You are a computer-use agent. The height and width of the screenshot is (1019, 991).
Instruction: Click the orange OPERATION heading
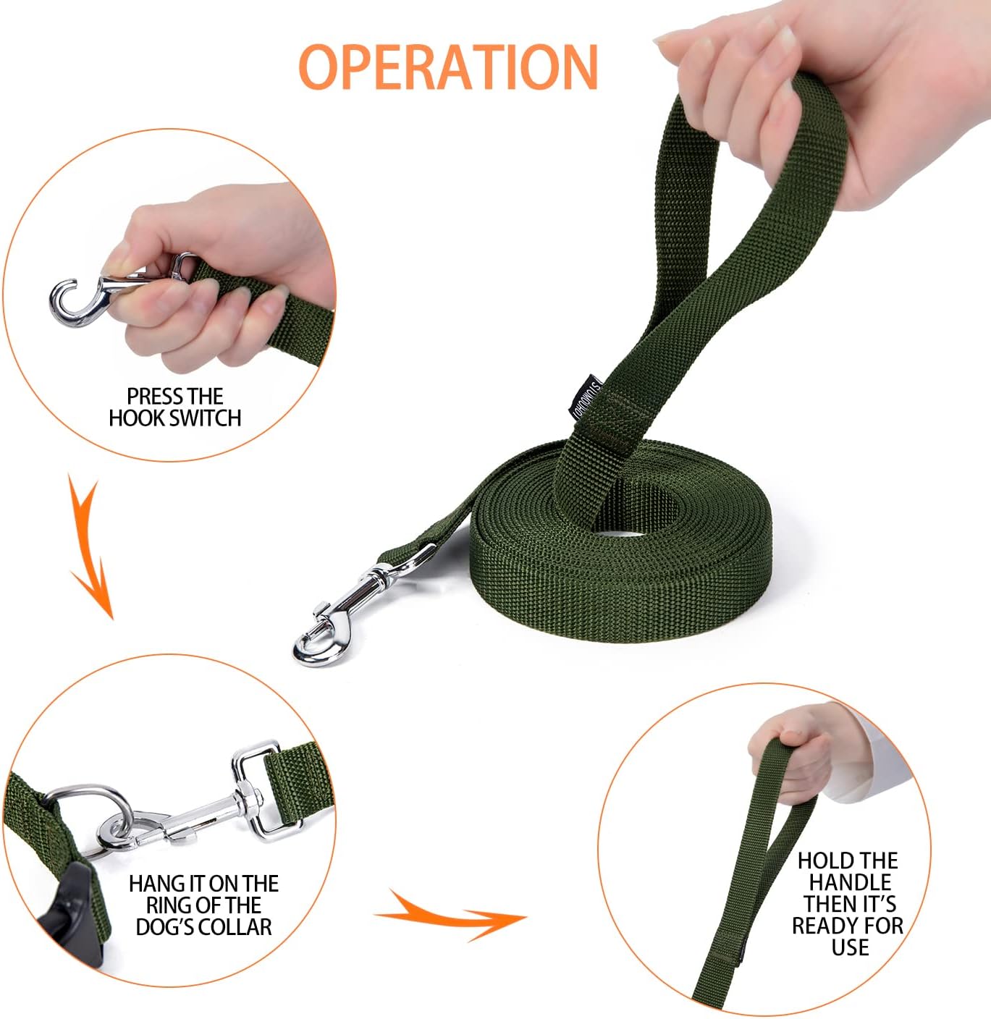(448, 67)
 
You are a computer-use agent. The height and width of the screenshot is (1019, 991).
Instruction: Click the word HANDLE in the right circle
(850, 882)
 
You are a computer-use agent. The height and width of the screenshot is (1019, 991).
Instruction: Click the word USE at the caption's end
(850, 947)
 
